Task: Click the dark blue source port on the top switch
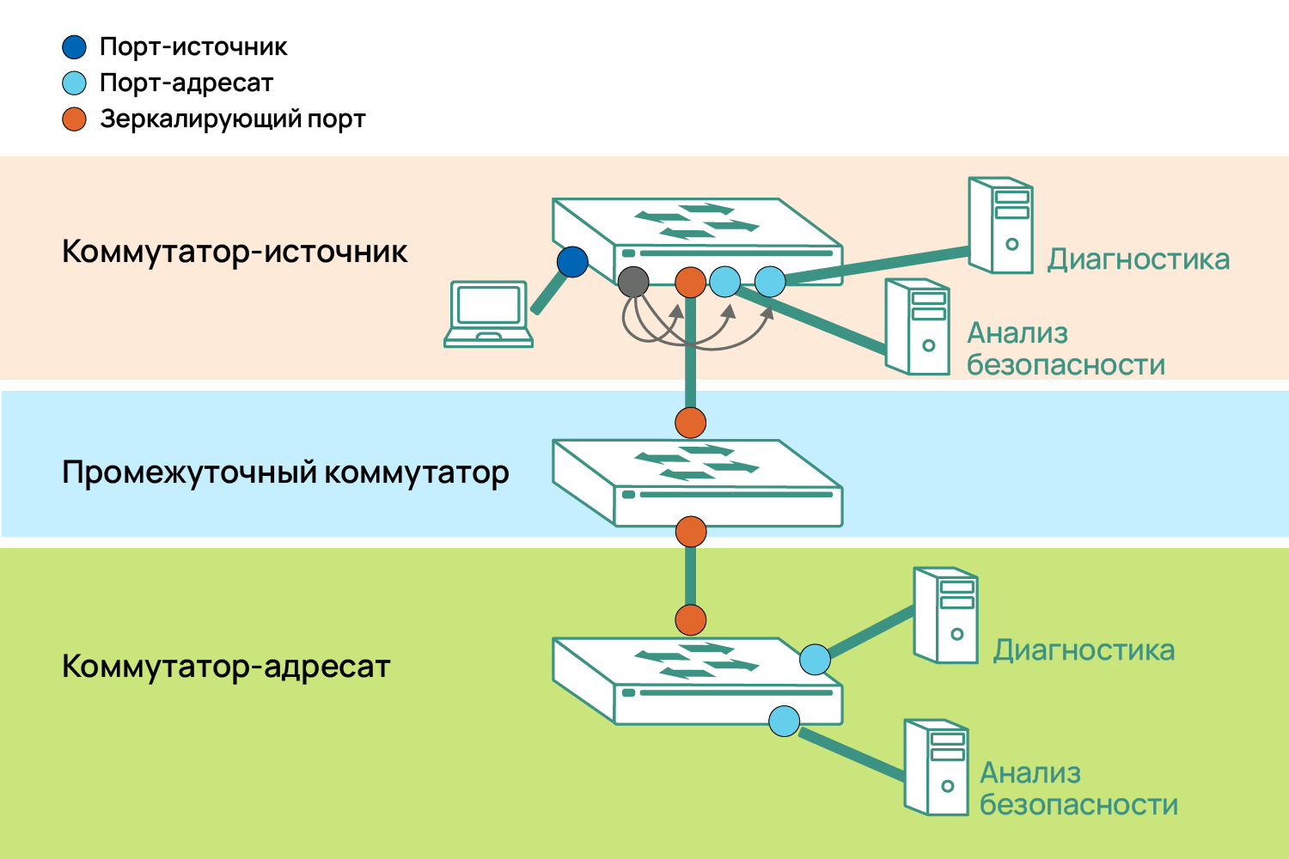(x=572, y=262)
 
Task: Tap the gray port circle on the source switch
(x=633, y=282)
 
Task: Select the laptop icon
(x=488, y=314)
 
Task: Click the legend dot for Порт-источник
(x=75, y=47)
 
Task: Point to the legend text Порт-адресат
(x=186, y=83)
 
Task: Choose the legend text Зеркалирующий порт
(x=232, y=119)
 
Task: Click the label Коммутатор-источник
(x=235, y=252)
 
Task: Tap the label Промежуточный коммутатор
(x=285, y=472)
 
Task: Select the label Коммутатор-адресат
(x=226, y=667)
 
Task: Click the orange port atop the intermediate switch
(x=691, y=423)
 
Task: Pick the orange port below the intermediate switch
(x=691, y=532)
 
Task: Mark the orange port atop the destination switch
(x=691, y=619)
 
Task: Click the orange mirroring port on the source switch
(x=691, y=282)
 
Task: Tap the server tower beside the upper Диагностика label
(x=1000, y=226)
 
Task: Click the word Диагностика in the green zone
(x=1084, y=650)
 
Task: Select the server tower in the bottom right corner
(x=937, y=767)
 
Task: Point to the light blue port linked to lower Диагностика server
(x=815, y=660)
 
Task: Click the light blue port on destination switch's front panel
(x=784, y=721)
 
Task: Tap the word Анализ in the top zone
(x=1017, y=333)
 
